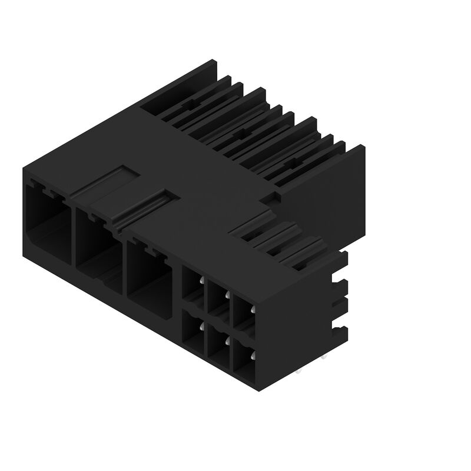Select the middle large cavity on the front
pyautogui.click(x=97, y=247)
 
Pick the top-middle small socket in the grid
pyautogui.click(x=218, y=299)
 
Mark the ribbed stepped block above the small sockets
pyautogui.click(x=283, y=244)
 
